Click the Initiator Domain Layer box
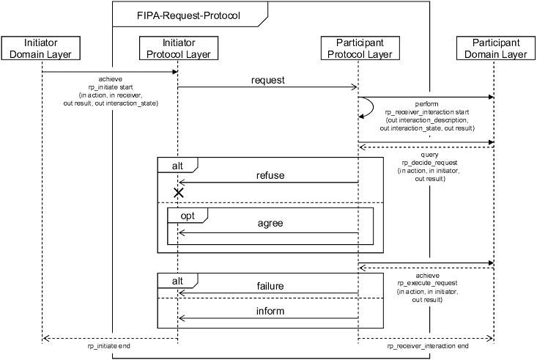click(x=41, y=48)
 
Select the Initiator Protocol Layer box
click(x=177, y=48)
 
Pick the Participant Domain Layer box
click(x=495, y=48)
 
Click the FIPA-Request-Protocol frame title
click(x=188, y=15)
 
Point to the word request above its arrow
click(x=267, y=80)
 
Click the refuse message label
click(x=270, y=176)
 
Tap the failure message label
click(x=270, y=286)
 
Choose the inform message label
click(x=270, y=311)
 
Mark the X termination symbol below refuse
click(x=177, y=193)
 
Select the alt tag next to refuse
click(x=177, y=166)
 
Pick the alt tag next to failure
click(x=177, y=281)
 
